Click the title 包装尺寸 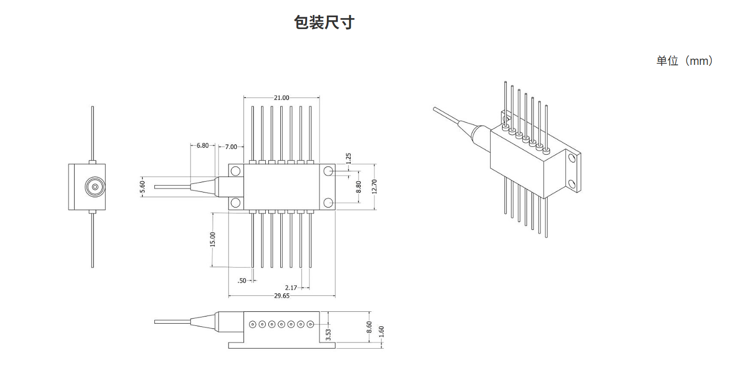[324, 22]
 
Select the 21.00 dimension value [281, 98]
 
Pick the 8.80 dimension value [358, 187]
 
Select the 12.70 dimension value [375, 187]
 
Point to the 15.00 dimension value [212, 240]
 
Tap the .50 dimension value [242, 281]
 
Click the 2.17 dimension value [291, 287]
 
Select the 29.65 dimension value [281, 296]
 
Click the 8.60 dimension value [369, 327]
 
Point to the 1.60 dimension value [381, 331]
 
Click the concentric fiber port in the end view [95, 187]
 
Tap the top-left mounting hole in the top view [236, 171]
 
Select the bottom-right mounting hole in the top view [328, 202]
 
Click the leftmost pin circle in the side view [252, 324]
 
